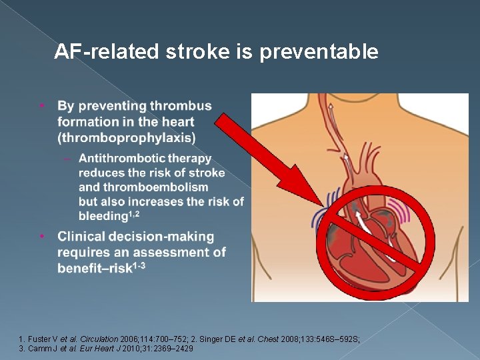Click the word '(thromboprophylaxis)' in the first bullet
pyautogui.click(x=127, y=138)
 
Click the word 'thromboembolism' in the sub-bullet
pyautogui.click(x=143, y=187)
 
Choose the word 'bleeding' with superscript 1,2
pyautogui.click(x=103, y=216)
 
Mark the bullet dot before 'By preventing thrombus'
pyautogui.click(x=42, y=105)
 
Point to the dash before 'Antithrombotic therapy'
pyautogui.click(x=67, y=159)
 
